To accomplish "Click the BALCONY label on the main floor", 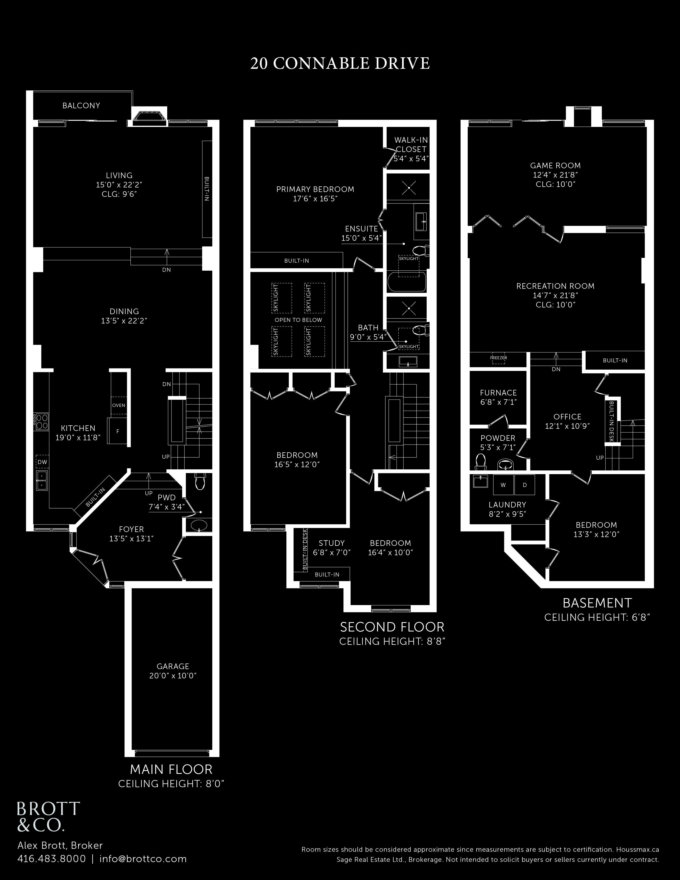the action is [x=81, y=106].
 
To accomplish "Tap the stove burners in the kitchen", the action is [x=42, y=421].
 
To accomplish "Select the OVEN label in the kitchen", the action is [x=118, y=405].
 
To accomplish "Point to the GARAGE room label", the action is [x=173, y=666].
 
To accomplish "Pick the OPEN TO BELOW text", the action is [x=298, y=320].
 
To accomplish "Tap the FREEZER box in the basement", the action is [x=499, y=358].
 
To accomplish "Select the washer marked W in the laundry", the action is [x=503, y=485].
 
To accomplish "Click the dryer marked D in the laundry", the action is [x=525, y=485].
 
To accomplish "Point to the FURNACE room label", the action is [x=498, y=393].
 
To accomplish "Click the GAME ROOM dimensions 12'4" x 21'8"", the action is [x=555, y=175].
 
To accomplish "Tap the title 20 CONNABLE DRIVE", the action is [x=340, y=64].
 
